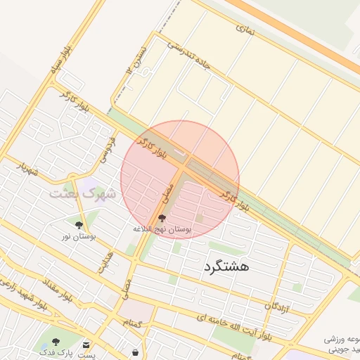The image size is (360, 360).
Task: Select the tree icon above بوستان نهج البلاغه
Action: [x=162, y=219]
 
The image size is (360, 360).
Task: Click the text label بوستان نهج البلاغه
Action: [x=162, y=230]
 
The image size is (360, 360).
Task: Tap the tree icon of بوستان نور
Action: [x=78, y=225]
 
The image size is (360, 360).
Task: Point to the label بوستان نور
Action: [x=78, y=237]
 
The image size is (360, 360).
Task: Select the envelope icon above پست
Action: [x=86, y=345]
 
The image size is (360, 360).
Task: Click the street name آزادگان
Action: [x=276, y=304]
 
